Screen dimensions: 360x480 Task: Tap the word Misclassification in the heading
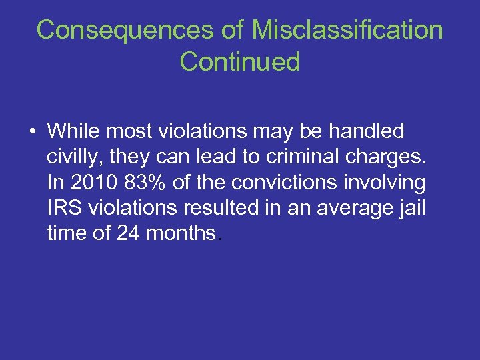click(x=347, y=30)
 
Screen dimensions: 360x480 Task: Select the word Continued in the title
click(x=239, y=62)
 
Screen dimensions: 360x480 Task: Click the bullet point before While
click(x=33, y=131)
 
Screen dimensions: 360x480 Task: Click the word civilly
click(x=72, y=157)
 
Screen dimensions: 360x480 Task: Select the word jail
click(x=411, y=209)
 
